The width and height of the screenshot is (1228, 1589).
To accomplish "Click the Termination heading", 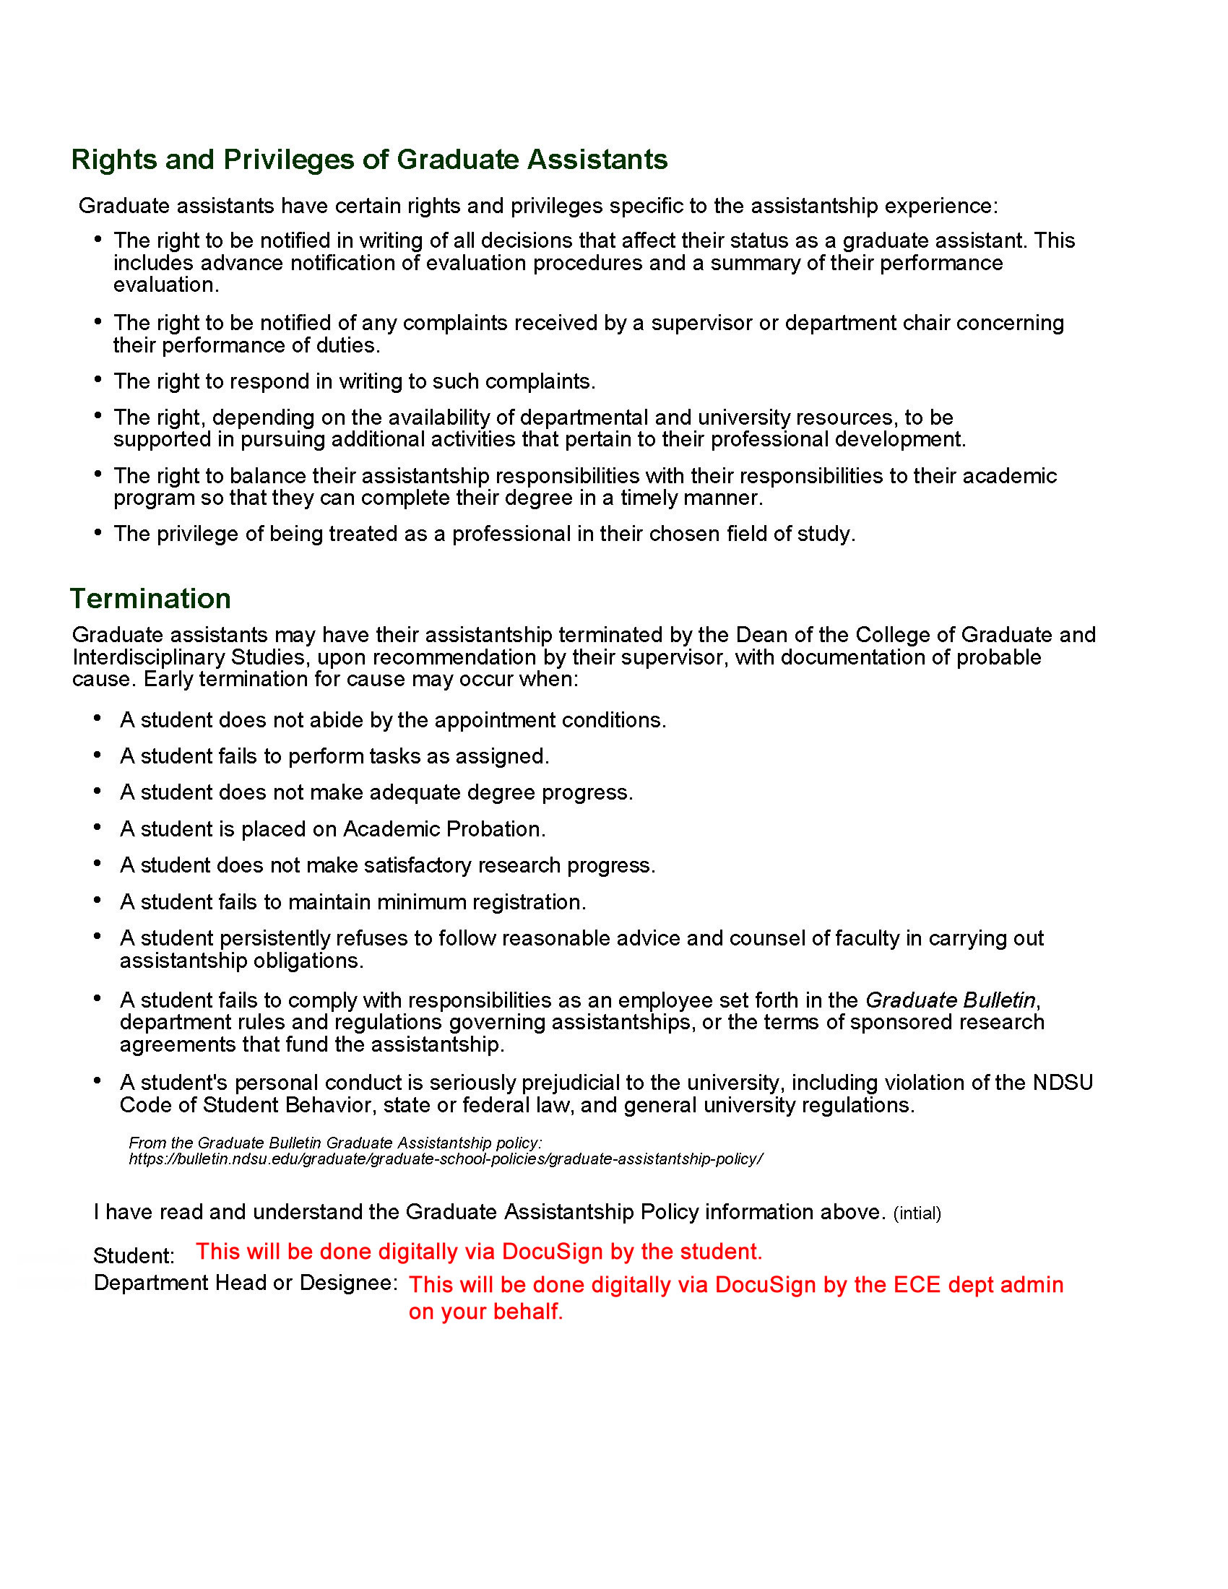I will (x=150, y=599).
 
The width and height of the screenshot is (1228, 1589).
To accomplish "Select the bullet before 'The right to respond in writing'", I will (x=98, y=379).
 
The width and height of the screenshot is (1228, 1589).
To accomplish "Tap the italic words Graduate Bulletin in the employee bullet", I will (x=950, y=1000).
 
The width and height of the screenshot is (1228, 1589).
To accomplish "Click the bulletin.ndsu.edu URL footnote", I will (x=446, y=1159).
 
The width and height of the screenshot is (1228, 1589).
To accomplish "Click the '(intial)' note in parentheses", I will (x=917, y=1213).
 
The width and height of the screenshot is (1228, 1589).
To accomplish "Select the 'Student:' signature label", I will (x=134, y=1256).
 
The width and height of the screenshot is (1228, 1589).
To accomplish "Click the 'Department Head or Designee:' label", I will (x=245, y=1283).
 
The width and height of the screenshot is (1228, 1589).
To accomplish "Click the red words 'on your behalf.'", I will (x=486, y=1312).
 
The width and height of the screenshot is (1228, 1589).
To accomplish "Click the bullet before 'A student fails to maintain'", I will (x=98, y=901).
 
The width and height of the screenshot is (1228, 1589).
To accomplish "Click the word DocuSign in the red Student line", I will (x=552, y=1252).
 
